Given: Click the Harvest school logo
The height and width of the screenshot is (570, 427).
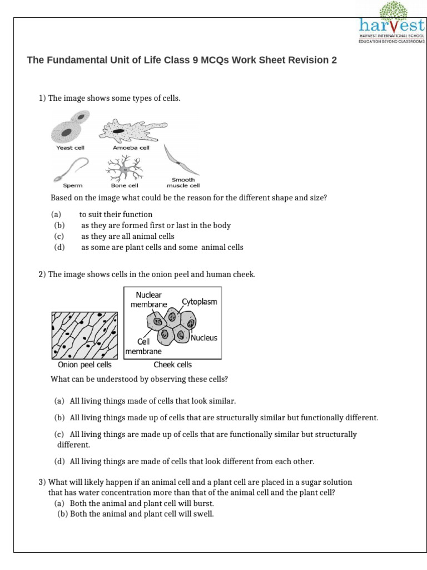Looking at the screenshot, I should click(391, 22).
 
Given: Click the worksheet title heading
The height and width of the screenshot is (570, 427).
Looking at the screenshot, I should click(182, 60).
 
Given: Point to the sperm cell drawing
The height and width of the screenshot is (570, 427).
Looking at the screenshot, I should click(70, 169).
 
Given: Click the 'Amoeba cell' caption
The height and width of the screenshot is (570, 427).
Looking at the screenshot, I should click(127, 148).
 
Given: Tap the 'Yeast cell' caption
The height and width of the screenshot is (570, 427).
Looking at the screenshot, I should click(70, 148).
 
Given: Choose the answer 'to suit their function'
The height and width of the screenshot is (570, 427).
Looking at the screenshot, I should click(116, 214).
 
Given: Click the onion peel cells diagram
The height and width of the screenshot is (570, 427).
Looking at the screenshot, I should click(85, 335).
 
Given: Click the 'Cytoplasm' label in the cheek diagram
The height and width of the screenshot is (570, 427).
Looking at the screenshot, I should click(199, 302).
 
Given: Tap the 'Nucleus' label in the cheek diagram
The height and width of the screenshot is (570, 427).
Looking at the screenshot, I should click(204, 338).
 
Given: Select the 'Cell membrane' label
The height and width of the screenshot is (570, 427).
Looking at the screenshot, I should click(143, 346).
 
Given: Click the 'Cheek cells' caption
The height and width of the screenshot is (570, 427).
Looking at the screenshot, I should click(172, 365).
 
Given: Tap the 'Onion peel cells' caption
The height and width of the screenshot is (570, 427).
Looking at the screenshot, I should click(85, 365).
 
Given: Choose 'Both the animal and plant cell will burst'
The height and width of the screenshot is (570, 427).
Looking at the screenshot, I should click(142, 503).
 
